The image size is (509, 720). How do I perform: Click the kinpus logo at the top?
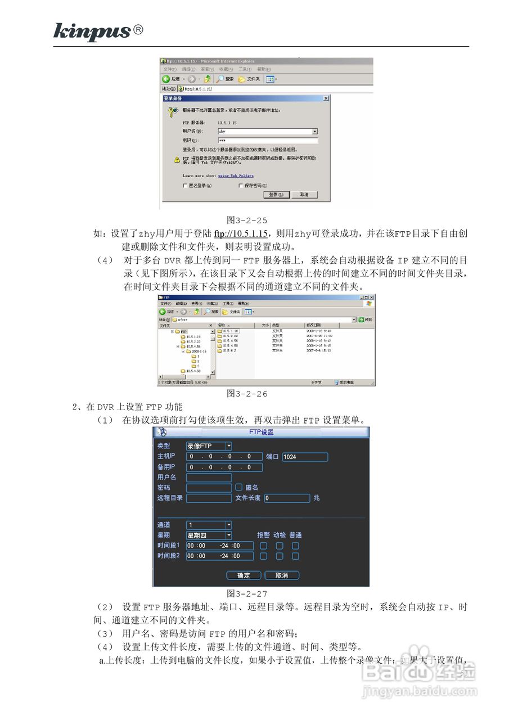coord(92,31)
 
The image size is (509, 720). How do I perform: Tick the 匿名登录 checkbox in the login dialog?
coord(185,186)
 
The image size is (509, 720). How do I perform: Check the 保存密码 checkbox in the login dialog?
coord(241,186)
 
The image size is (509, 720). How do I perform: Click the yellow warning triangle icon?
coord(177,160)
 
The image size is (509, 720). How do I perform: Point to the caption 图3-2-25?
coord(246,220)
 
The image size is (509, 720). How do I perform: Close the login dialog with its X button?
coord(326,98)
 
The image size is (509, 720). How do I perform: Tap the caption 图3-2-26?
coord(246,394)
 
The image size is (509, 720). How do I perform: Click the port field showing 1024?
coord(304,457)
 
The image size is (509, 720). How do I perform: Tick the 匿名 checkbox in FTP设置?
coord(238,487)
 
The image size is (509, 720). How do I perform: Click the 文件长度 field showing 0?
coord(287,498)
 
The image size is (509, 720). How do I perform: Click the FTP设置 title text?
coord(261,432)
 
